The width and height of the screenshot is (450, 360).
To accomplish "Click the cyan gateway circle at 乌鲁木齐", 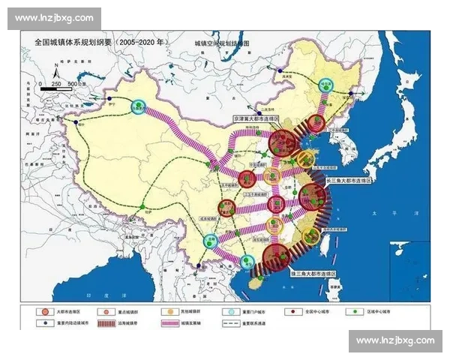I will (136, 107).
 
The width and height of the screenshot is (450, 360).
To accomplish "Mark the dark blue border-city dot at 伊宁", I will (109, 99).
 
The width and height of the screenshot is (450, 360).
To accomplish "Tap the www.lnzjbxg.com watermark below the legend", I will (394, 340).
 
